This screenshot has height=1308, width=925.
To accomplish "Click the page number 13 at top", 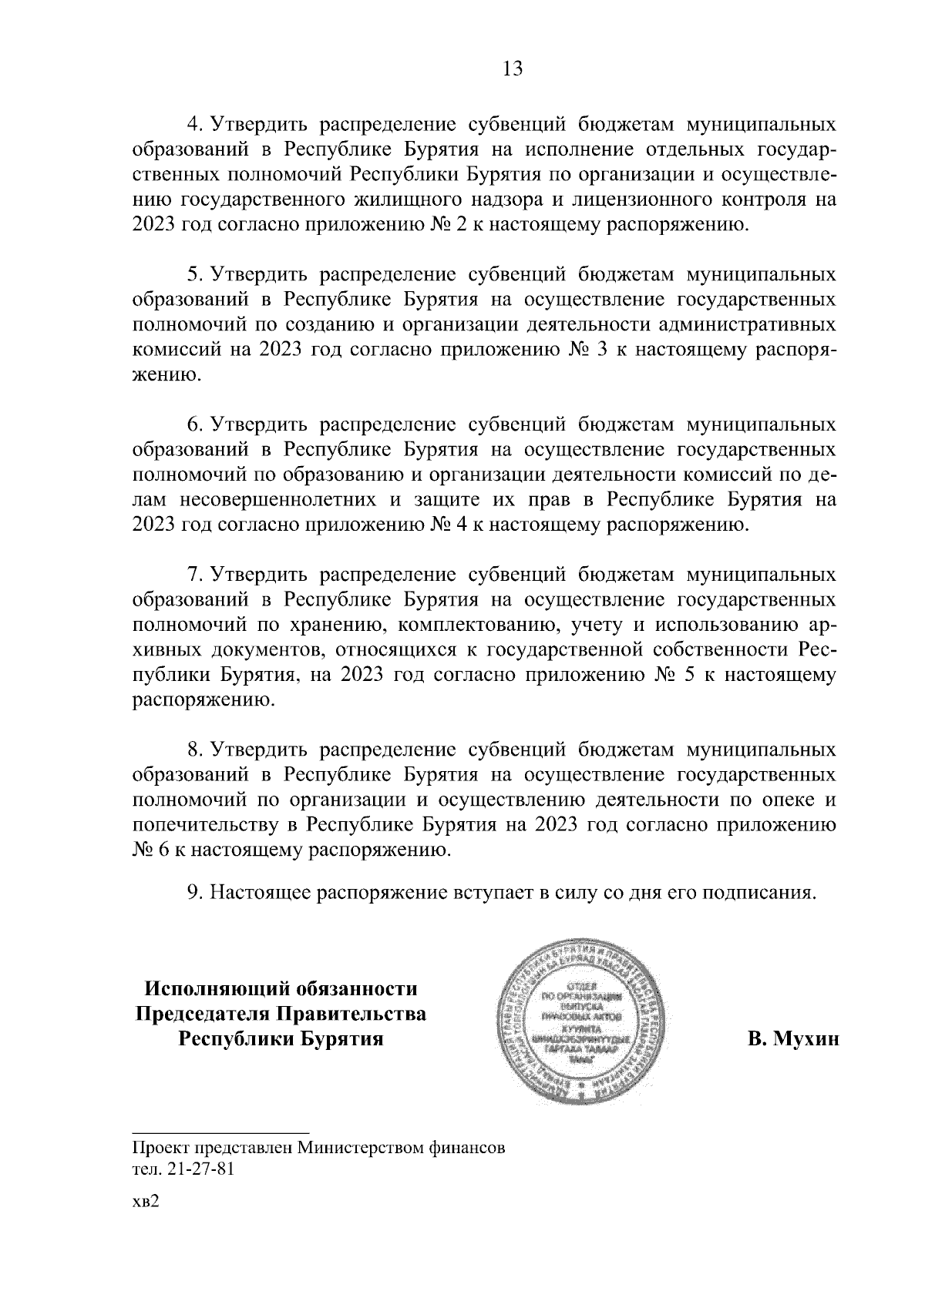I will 513,69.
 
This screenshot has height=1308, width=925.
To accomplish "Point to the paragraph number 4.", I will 194,125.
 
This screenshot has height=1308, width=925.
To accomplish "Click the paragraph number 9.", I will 194,893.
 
